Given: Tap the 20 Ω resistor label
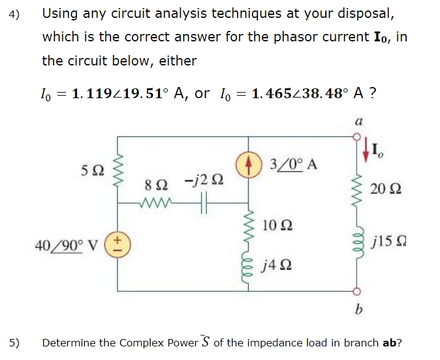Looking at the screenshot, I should (x=390, y=189).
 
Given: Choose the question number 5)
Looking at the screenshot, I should (x=15, y=342).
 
